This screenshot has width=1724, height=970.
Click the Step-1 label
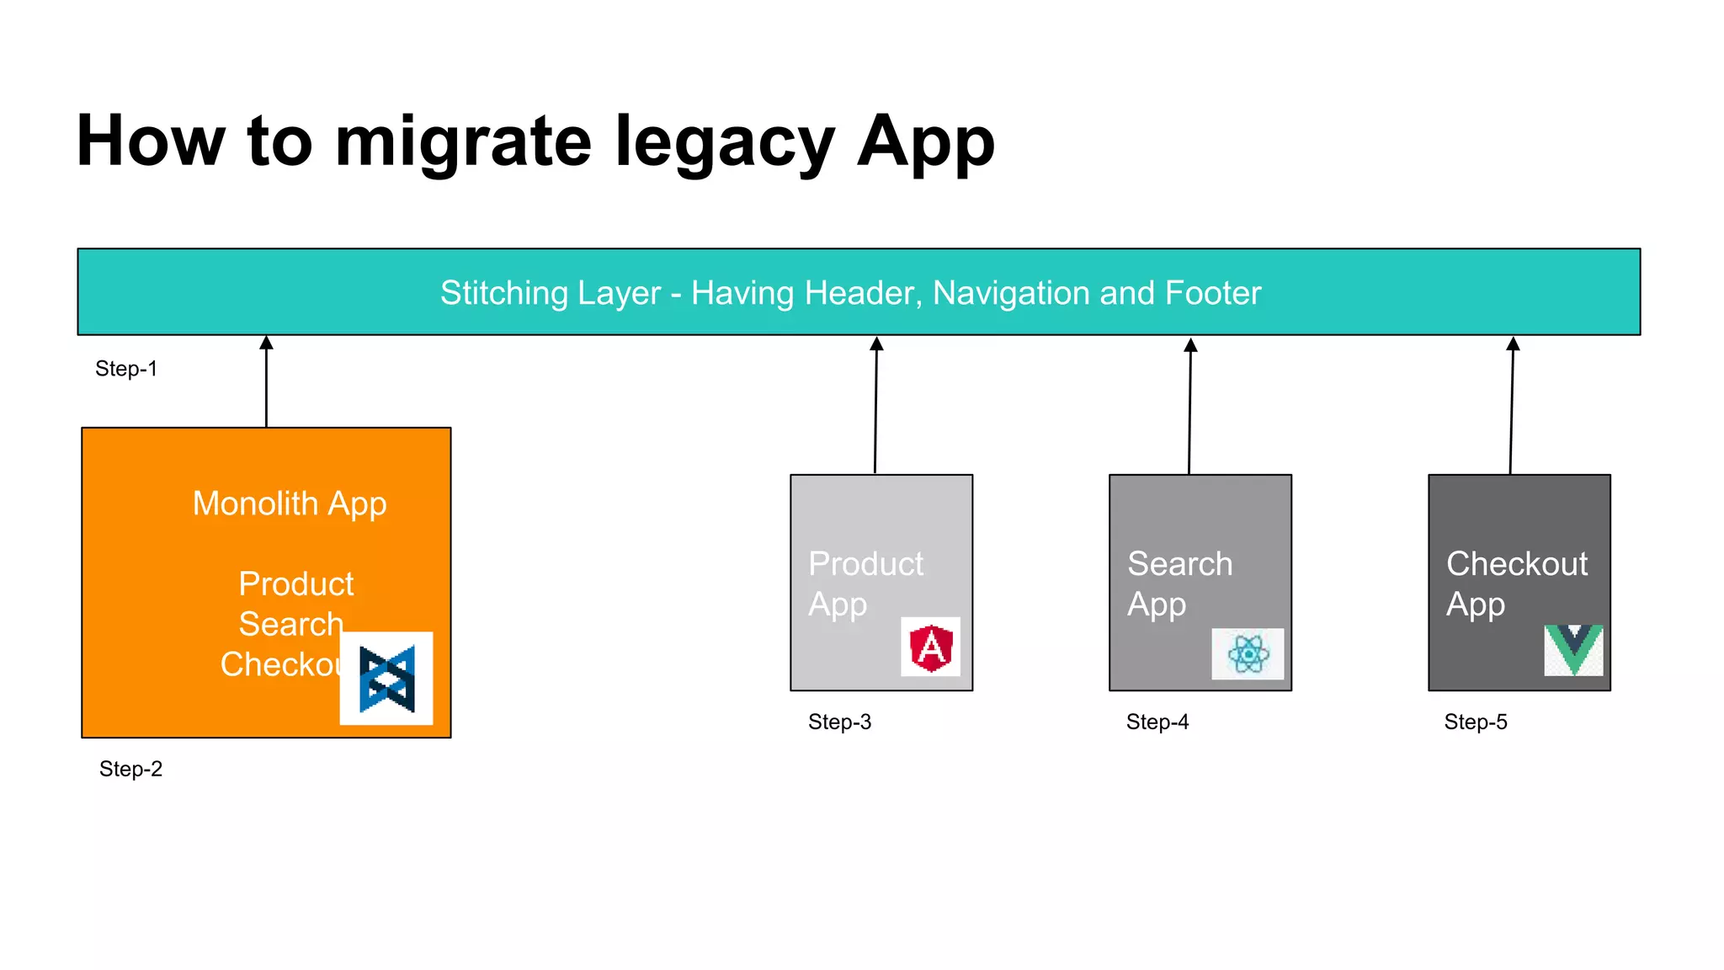126,369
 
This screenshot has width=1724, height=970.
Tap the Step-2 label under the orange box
130,769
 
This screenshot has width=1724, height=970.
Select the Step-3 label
839,722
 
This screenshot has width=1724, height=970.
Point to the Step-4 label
1157,722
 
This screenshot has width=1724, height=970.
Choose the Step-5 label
1476,722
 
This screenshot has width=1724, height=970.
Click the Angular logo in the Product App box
931,648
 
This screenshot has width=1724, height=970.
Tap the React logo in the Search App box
1248,653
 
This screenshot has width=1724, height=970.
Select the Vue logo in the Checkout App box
1573,650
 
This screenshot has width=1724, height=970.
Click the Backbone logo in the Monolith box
386,679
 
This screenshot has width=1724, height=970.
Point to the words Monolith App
290,504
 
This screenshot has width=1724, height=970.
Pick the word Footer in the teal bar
1213,293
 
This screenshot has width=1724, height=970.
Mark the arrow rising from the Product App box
875,405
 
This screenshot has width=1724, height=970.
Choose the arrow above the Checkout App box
1512,405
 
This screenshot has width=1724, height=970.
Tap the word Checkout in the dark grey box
1517,564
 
